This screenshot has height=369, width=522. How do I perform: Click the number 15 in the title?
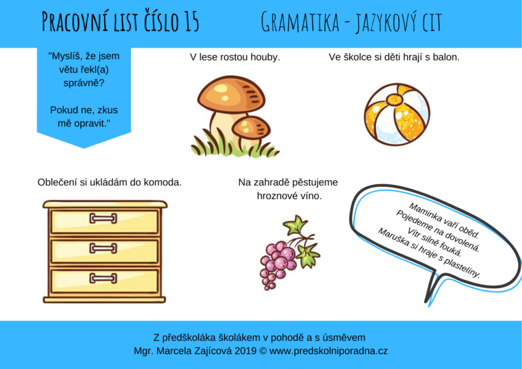pyautogui.click(x=189, y=22)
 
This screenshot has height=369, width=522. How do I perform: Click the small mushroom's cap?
pyautogui.click(x=251, y=127)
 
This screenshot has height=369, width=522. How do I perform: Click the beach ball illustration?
pyautogui.click(x=397, y=114)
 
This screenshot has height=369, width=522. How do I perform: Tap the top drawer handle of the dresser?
pyautogui.click(x=103, y=218)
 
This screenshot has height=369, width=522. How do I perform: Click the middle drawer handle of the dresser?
pyautogui.click(x=103, y=248)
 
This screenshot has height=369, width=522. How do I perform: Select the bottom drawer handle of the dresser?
pyautogui.click(x=103, y=278)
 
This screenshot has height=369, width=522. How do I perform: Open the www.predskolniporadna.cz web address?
pyautogui.click(x=328, y=351)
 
